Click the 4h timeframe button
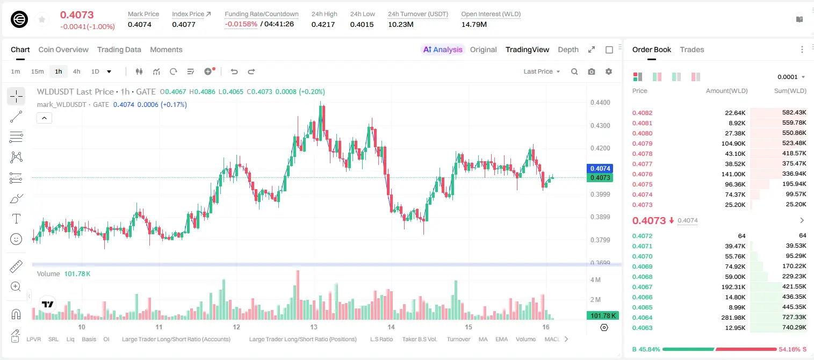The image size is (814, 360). point(76,71)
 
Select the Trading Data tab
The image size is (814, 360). point(119,50)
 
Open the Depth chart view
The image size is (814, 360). point(568,50)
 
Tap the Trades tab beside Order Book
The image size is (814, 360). point(692,50)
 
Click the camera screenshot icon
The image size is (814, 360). point(592,71)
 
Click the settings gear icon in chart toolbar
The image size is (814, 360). point(609,71)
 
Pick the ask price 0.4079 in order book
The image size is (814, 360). point(643,143)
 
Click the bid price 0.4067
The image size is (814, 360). point(643,287)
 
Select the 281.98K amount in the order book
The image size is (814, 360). point(733,318)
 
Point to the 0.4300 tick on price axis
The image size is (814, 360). point(600,126)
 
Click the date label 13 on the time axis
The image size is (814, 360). point(314,327)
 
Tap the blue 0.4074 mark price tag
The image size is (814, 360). point(600,169)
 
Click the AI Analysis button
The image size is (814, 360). point(443,50)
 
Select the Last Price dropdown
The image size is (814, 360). point(542,71)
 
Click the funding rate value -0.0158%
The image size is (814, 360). point(241,24)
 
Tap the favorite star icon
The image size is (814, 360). point(42,20)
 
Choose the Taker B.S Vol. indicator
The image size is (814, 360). point(419,339)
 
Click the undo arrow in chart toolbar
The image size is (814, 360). point(234,71)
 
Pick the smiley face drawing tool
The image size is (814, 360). point(16,239)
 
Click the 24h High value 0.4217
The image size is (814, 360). point(323,24)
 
